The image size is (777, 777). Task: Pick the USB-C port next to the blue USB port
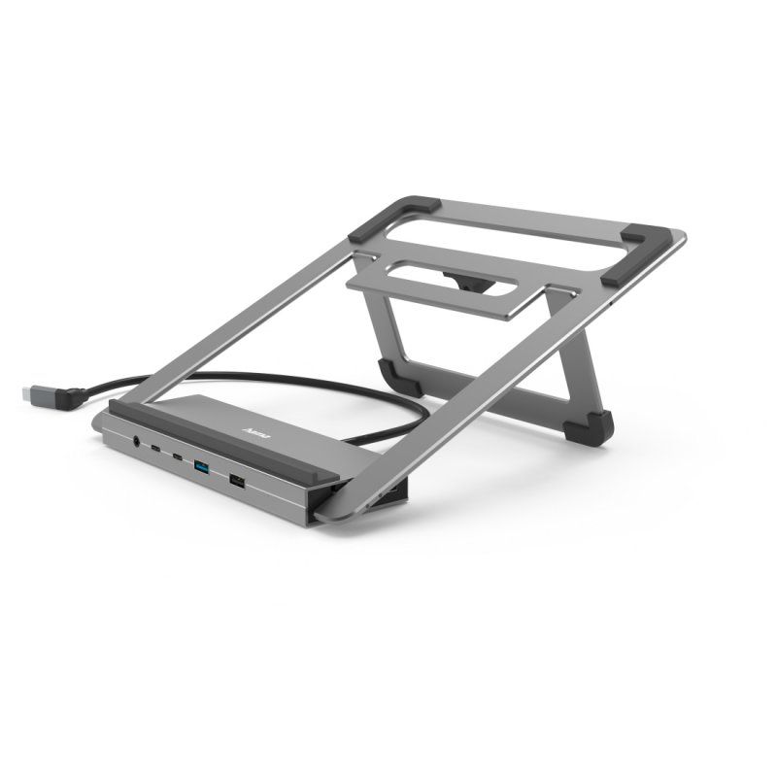click(178, 457)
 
